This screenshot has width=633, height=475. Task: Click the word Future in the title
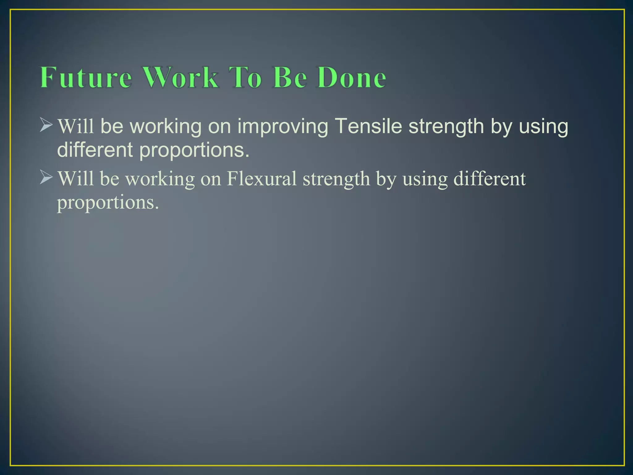pyautogui.click(x=86, y=77)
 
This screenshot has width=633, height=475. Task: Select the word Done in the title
pyautogui.click(x=351, y=77)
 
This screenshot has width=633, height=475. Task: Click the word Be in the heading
pyautogui.click(x=290, y=77)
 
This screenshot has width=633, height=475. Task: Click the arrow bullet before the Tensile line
pyautogui.click(x=46, y=126)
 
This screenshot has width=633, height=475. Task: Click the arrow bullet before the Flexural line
pyautogui.click(x=46, y=178)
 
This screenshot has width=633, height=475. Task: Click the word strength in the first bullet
pyautogui.click(x=446, y=127)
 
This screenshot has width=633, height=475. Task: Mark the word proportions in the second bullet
pyautogui.click(x=108, y=203)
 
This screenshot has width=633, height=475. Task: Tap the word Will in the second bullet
pyautogui.click(x=76, y=179)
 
